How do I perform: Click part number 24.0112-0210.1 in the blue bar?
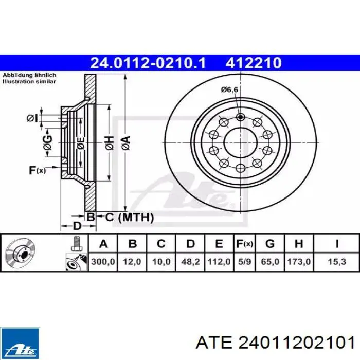coord(148,63)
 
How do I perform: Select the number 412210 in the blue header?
coord(254,63)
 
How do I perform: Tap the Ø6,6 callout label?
coord(229,89)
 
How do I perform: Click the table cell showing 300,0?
coord(103,262)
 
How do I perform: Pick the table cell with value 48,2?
coord(190,262)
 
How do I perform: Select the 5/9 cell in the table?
coord(244,262)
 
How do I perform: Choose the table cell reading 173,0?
coord(299,262)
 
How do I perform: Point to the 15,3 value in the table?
coord(337,262)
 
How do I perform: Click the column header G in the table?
coord(270,244)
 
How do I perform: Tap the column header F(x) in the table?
coord(244,244)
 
